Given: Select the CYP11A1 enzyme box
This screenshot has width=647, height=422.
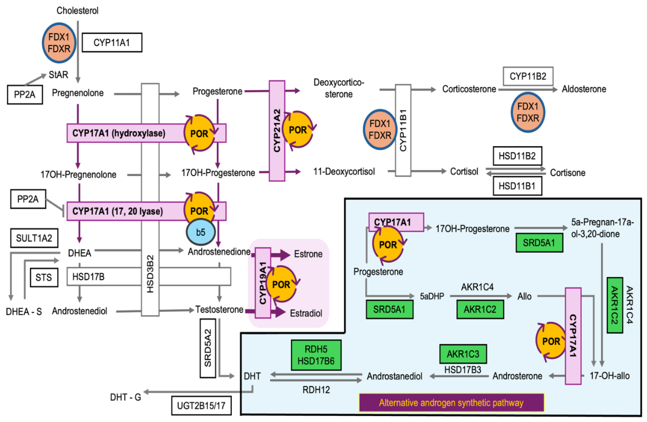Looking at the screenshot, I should pyautogui.click(x=112, y=43).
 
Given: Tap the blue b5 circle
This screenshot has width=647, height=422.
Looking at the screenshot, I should pyautogui.click(x=201, y=232).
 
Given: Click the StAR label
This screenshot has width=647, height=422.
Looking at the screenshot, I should pyautogui.click(x=59, y=75).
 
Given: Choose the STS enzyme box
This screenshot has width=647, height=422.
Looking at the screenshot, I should pyautogui.click(x=44, y=277).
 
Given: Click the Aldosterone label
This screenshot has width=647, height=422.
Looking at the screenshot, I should pyautogui.click(x=584, y=89).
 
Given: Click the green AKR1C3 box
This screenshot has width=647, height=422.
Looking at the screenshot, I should pyautogui.click(x=463, y=354).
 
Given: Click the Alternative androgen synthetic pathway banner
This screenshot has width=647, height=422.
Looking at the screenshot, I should pyautogui.click(x=451, y=403).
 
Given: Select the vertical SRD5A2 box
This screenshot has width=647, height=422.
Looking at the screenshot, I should pyautogui.click(x=208, y=348).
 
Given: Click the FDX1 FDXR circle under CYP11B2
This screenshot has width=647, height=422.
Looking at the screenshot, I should pyautogui.click(x=528, y=112).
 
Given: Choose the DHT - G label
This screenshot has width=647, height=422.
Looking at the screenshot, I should pyautogui.click(x=126, y=397).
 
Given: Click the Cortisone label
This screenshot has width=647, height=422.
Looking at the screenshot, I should pyautogui.click(x=568, y=173).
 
